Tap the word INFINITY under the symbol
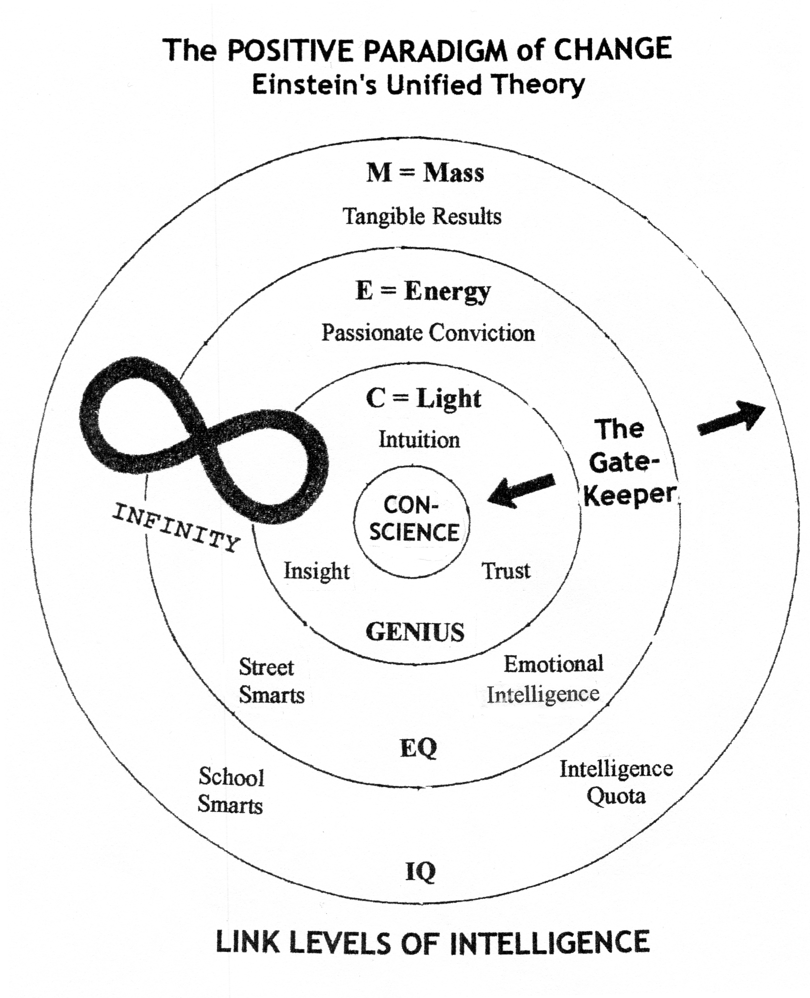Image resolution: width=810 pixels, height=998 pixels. (176, 527)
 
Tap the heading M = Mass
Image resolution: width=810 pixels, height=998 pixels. (425, 173)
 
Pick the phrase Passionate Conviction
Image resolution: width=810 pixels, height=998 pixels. (428, 333)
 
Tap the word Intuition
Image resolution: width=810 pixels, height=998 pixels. (419, 440)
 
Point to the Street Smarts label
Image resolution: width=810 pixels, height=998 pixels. (271, 681)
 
